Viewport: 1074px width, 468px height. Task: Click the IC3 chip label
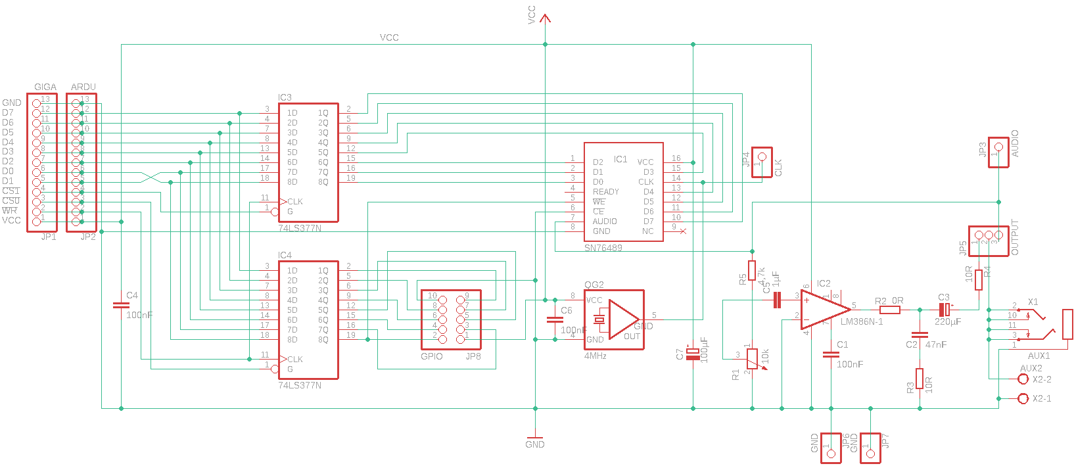pyautogui.click(x=285, y=97)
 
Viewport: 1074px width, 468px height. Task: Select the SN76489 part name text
pyautogui.click(x=603, y=248)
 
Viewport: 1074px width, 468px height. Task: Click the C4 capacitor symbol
pyautogui.click(x=121, y=305)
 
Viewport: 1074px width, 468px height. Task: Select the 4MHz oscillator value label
pyautogui.click(x=595, y=356)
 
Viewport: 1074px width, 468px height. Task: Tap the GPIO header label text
pyautogui.click(x=432, y=356)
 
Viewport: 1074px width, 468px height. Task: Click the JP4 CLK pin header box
pyautogui.click(x=762, y=162)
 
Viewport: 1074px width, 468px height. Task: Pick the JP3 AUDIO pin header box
pyautogui.click(x=998, y=152)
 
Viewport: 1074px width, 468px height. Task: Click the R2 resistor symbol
pyautogui.click(x=889, y=310)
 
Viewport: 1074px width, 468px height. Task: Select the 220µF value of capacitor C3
pyautogui.click(x=948, y=321)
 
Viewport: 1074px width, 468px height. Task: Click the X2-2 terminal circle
pyautogui.click(x=1023, y=379)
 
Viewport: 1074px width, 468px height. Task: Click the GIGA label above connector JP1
pyautogui.click(x=45, y=87)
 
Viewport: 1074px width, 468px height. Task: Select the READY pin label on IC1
pyautogui.click(x=605, y=192)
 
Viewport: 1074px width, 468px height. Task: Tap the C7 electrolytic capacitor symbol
pyautogui.click(x=693, y=354)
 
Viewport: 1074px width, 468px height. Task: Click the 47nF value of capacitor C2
pyautogui.click(x=936, y=344)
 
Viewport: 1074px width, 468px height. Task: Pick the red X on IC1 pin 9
pyautogui.click(x=683, y=231)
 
